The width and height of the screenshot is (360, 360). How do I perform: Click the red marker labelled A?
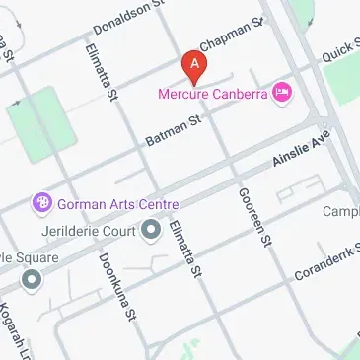coord(195,67)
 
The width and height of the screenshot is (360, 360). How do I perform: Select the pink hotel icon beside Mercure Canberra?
coord(283,93)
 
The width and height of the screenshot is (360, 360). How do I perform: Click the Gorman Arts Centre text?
coord(118,204)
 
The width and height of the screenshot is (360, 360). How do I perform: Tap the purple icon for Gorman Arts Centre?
coord(42,204)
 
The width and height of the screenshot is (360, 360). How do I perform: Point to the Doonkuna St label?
coord(115,286)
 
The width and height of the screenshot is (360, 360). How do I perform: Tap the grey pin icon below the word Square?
coord(32,280)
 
